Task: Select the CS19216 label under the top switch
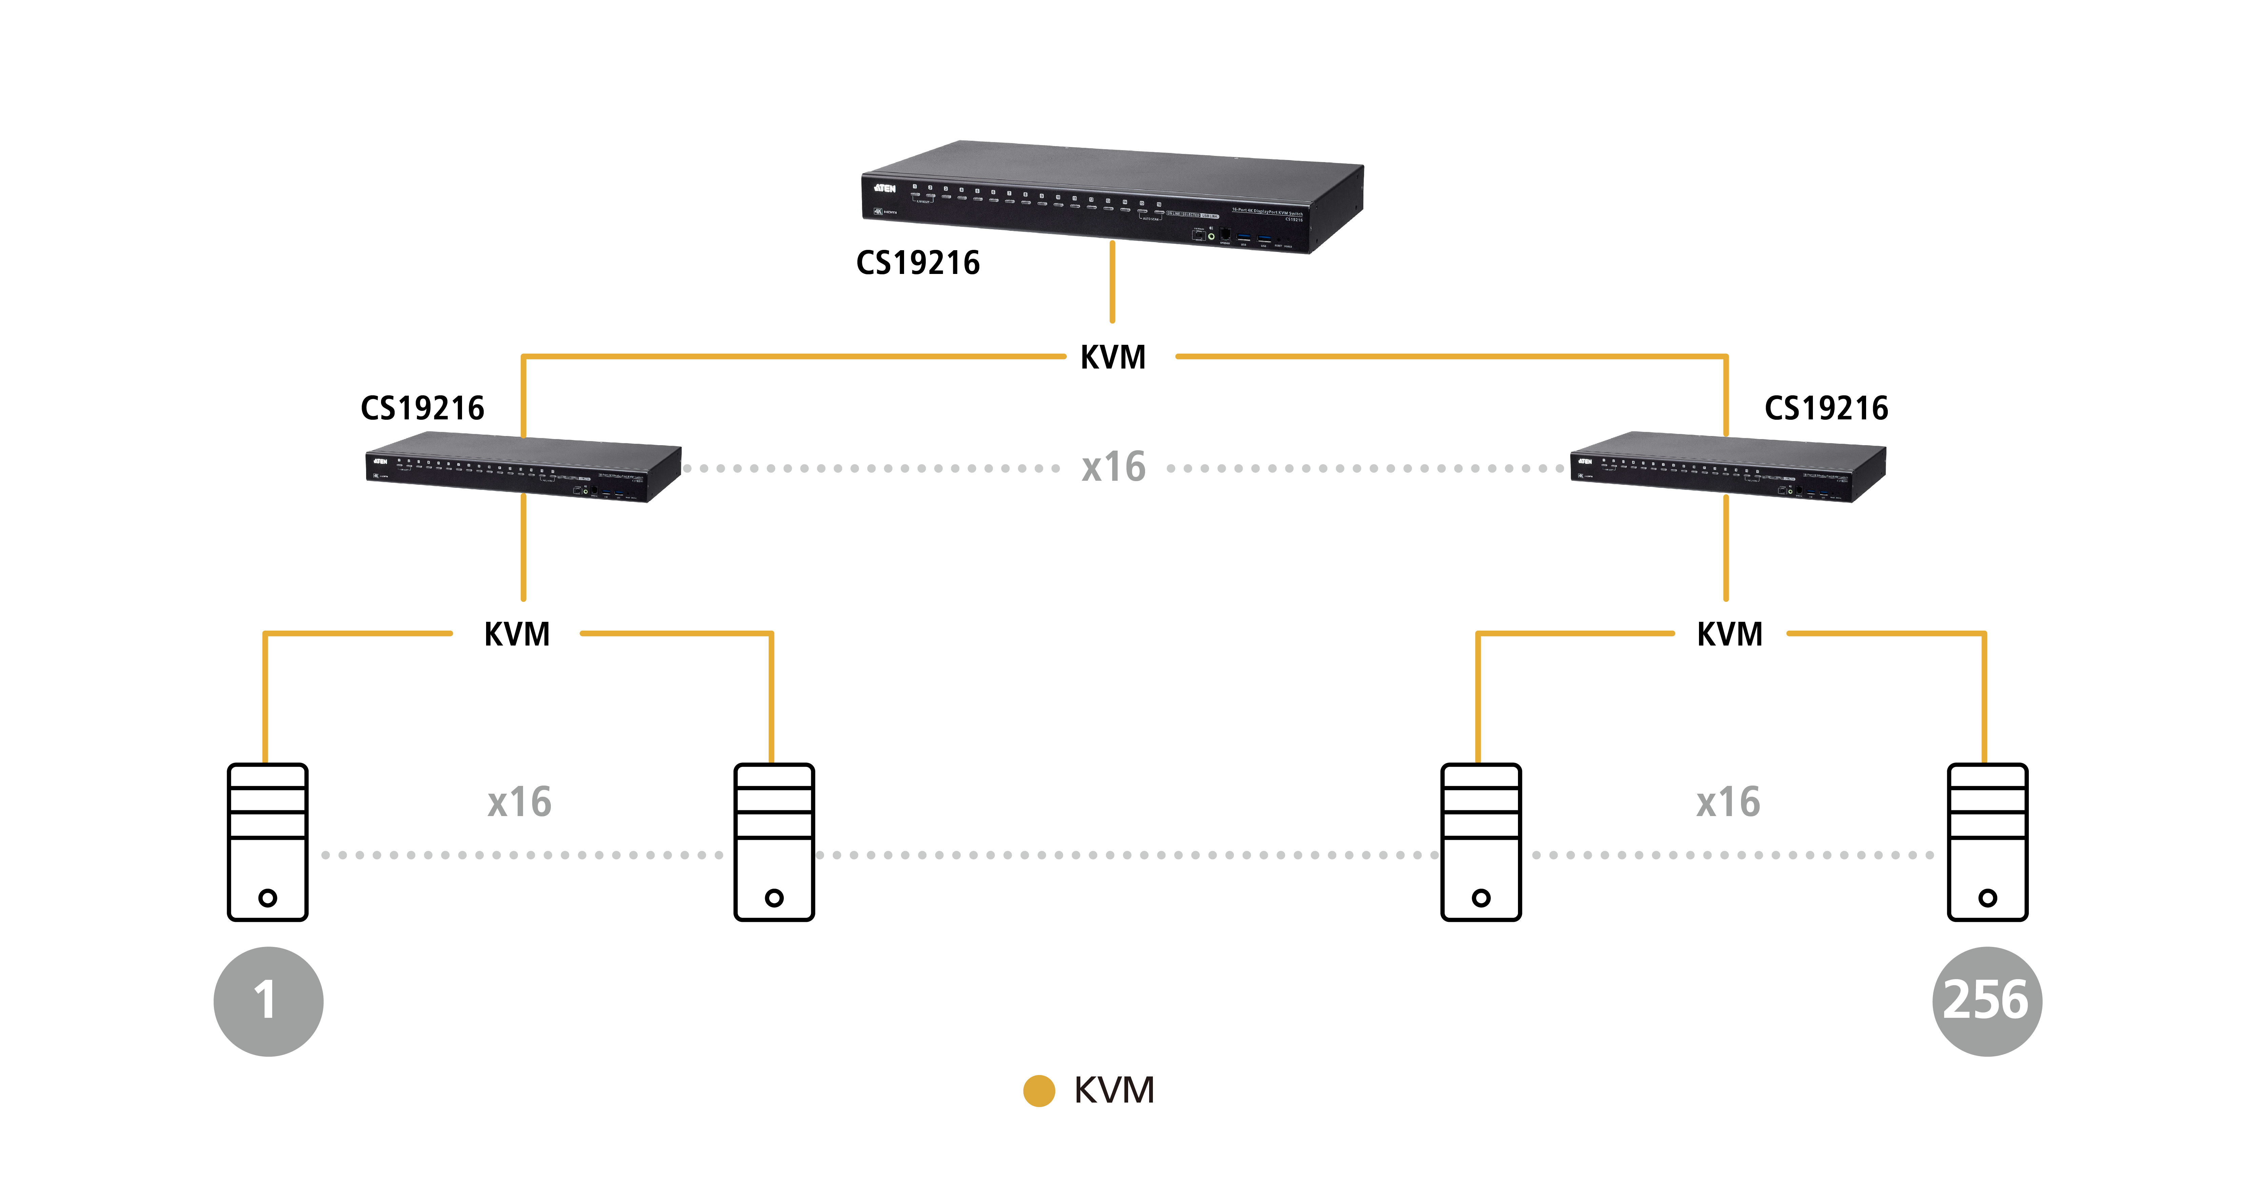click(x=918, y=262)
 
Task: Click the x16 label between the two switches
click(x=1113, y=467)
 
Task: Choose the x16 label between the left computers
click(x=519, y=802)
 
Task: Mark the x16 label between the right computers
click(x=1727, y=802)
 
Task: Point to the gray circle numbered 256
click(x=1986, y=1001)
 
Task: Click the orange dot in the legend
click(x=1039, y=1091)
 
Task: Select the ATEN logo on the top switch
click(x=884, y=188)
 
